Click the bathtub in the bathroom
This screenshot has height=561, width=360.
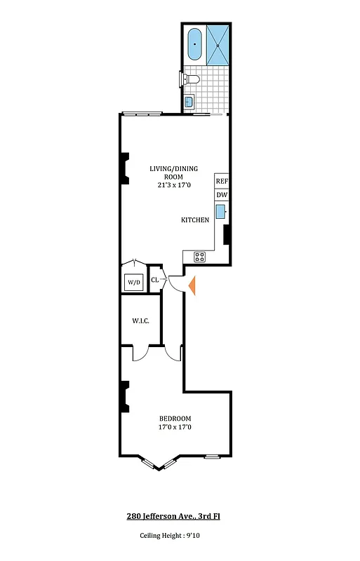pos(194,44)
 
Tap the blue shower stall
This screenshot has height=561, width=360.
pos(218,44)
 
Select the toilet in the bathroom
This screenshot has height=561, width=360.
pos(190,81)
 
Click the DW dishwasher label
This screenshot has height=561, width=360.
pos(222,196)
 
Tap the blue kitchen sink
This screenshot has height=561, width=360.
pos(220,211)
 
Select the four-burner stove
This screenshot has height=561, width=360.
pos(199,257)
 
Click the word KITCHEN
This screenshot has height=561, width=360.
pos(195,220)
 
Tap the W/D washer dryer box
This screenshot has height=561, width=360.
pos(133,282)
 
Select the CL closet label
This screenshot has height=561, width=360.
pos(154,280)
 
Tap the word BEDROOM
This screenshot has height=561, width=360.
pos(174,419)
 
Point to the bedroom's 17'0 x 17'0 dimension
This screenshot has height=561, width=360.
pos(174,427)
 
